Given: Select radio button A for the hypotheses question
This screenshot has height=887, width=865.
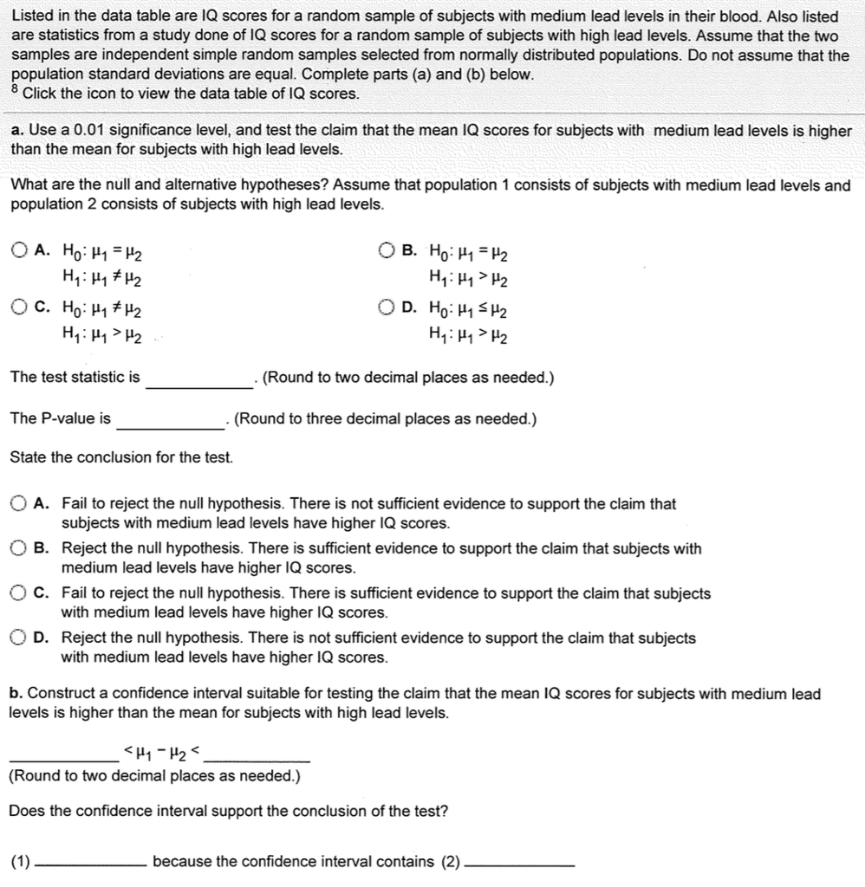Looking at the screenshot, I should click(x=20, y=252).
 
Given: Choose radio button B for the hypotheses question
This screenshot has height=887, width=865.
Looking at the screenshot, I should click(x=387, y=252).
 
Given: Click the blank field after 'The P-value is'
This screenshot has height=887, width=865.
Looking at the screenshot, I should click(x=170, y=420).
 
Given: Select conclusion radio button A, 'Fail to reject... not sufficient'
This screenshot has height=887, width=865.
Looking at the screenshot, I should click(x=20, y=504).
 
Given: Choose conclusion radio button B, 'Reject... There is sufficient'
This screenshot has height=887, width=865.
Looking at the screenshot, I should click(x=20, y=549).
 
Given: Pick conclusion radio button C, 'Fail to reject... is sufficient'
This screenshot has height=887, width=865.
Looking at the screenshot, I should click(x=20, y=594).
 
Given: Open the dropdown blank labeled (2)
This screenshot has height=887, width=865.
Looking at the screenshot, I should click(x=518, y=862).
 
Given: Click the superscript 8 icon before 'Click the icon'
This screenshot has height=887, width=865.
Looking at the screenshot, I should click(x=15, y=88).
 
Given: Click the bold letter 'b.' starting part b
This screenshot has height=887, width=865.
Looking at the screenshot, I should click(x=16, y=694).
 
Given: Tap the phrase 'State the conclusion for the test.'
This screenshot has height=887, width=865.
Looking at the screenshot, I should click(x=121, y=456).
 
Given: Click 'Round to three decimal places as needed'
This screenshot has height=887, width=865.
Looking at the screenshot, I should click(x=386, y=419).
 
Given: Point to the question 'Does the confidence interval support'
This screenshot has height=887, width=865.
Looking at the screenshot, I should click(x=229, y=812).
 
